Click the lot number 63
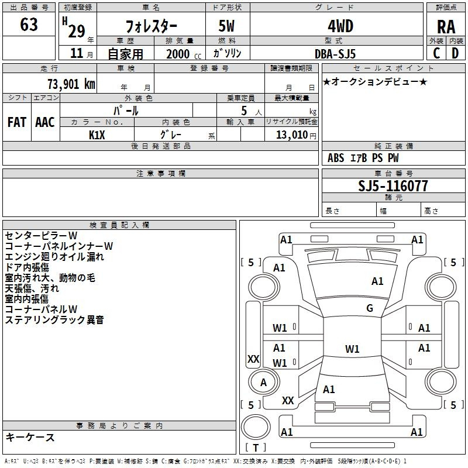[29, 25]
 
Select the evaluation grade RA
[446, 27]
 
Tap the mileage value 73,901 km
[69, 84]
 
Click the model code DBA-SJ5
[335, 53]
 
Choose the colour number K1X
[97, 135]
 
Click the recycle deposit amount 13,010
[292, 135]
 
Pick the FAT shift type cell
[17, 122]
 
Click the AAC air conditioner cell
[45, 122]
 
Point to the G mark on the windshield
[369, 308]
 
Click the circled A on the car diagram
[263, 382]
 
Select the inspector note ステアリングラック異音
[54, 319]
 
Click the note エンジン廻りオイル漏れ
[54, 256]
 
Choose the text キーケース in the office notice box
[30, 437]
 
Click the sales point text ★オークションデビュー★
[375, 81]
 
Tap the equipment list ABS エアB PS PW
[363, 158]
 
